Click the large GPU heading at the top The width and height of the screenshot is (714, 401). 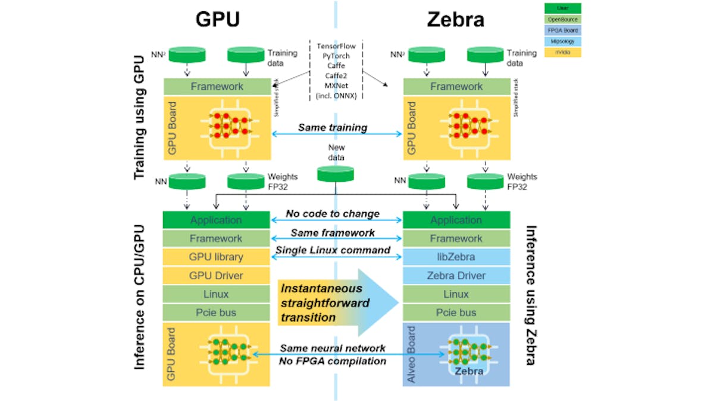point(217,20)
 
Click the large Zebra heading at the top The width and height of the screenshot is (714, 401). point(455,20)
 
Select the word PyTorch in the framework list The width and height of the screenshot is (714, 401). point(336,55)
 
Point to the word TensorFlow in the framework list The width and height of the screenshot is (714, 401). point(336,45)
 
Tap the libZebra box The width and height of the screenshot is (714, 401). point(456,257)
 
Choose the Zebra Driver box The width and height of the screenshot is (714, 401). point(456,276)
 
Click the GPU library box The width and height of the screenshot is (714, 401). point(217,257)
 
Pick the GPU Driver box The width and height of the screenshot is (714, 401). point(217,276)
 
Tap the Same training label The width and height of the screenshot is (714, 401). point(333,127)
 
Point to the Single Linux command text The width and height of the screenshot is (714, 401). point(333,250)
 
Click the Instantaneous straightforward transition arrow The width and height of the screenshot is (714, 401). point(336,303)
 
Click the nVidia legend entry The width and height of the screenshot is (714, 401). point(563,52)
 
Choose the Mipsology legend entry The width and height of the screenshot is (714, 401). point(563,42)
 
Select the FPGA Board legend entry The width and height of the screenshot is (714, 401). point(563,30)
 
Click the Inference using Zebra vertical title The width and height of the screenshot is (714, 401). point(531,295)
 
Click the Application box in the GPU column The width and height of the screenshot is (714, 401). point(217,220)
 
